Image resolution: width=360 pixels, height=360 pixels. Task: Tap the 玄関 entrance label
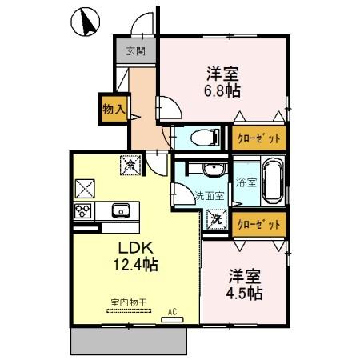pos(135,53)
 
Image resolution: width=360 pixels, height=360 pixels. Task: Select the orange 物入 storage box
pos(113,108)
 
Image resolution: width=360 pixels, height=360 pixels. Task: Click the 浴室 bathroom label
pos(246,182)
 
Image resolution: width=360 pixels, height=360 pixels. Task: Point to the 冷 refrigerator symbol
pos(130,164)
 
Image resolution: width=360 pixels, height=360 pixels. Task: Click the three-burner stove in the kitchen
pos(84,211)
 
